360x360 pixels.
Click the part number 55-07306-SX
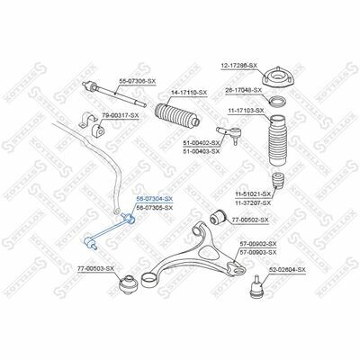coord(138,81)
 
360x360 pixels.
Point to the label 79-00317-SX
coord(121,115)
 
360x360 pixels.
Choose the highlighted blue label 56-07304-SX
coord(155,199)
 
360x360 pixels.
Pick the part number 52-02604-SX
coord(287,270)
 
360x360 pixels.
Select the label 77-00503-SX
coord(95,269)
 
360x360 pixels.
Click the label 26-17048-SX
coord(244,90)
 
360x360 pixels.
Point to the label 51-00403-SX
coord(202,152)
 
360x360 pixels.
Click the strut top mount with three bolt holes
coord(276,77)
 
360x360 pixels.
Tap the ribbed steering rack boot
coord(177,115)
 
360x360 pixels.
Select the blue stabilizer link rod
coord(109,230)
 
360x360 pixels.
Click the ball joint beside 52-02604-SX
coord(256,286)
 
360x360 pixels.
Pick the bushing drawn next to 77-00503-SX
coord(128,284)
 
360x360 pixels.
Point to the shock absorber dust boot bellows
coord(277,140)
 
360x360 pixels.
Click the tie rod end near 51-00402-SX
coord(229,133)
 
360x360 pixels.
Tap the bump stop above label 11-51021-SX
coord(277,181)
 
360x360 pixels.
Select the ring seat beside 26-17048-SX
coord(277,102)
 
